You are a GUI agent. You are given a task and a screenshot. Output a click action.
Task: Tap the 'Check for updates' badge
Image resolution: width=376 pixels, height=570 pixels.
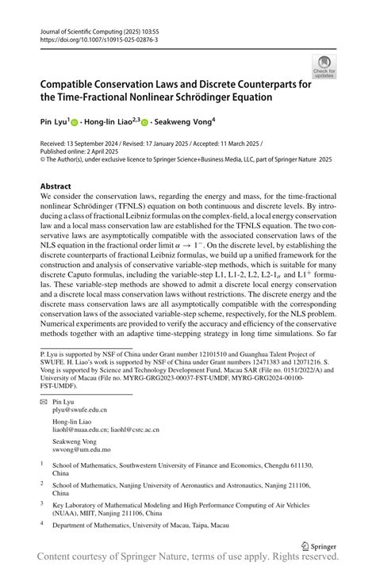click(324, 67)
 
